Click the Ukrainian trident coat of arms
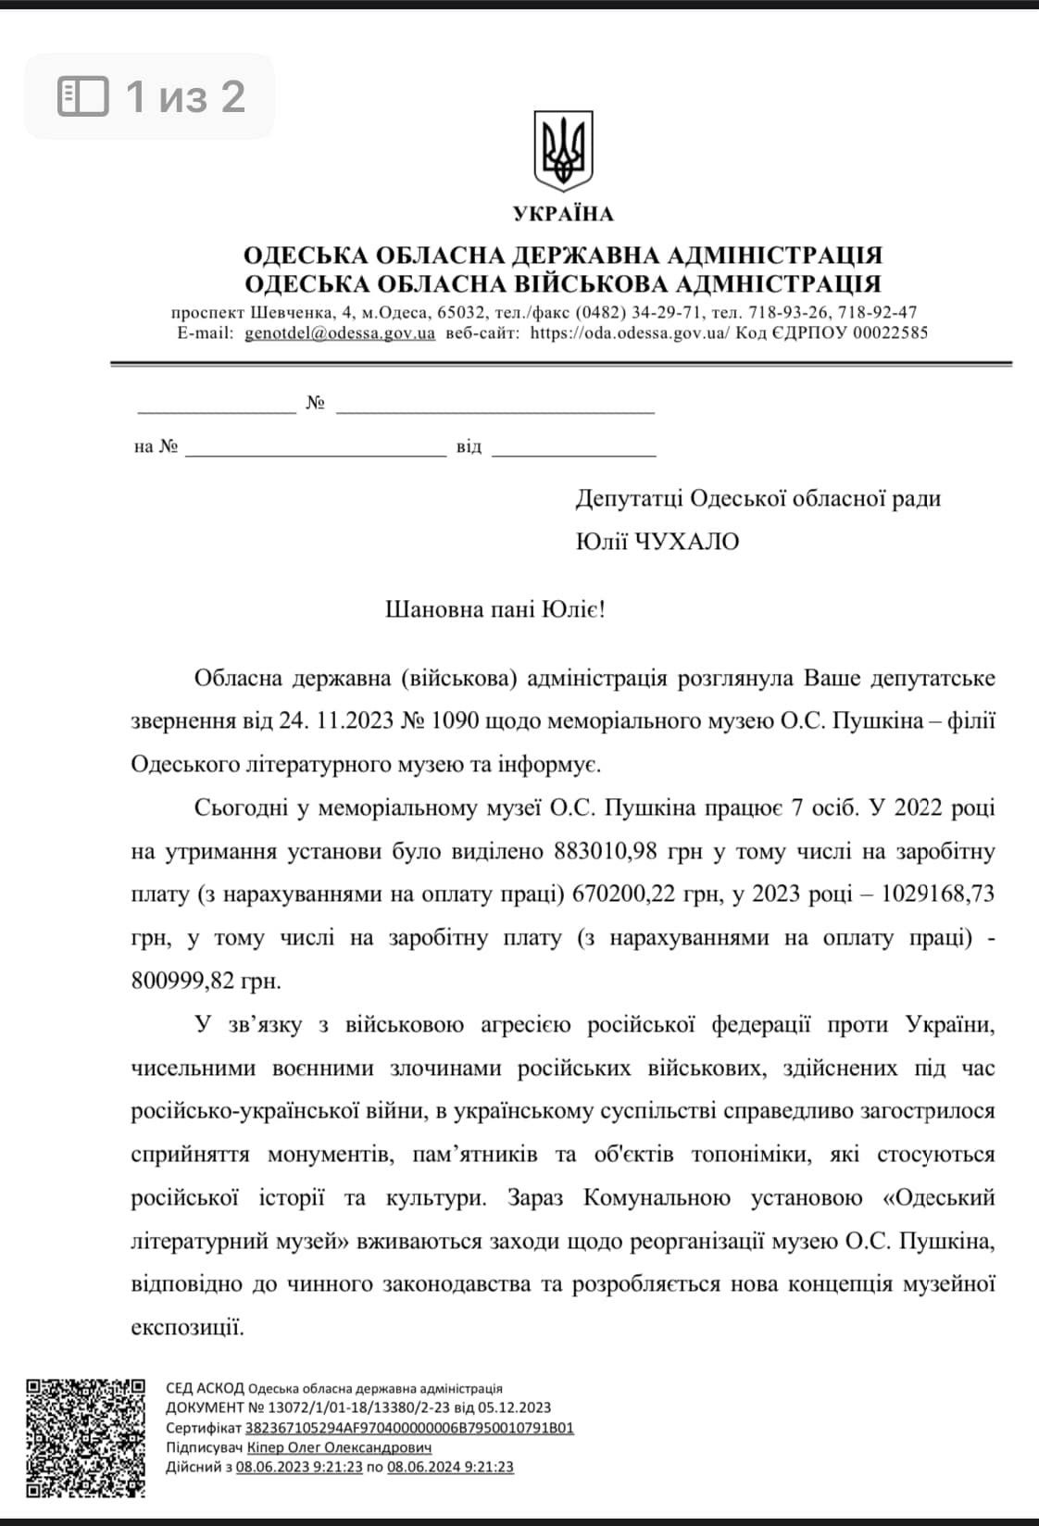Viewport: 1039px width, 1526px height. [x=562, y=152]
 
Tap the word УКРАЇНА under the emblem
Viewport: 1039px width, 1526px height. [x=563, y=214]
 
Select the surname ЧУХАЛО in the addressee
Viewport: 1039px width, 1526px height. [x=686, y=542]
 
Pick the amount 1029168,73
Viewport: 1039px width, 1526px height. [x=939, y=894]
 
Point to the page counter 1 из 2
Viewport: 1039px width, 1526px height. [x=185, y=95]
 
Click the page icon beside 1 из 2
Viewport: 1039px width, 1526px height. [x=83, y=95]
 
